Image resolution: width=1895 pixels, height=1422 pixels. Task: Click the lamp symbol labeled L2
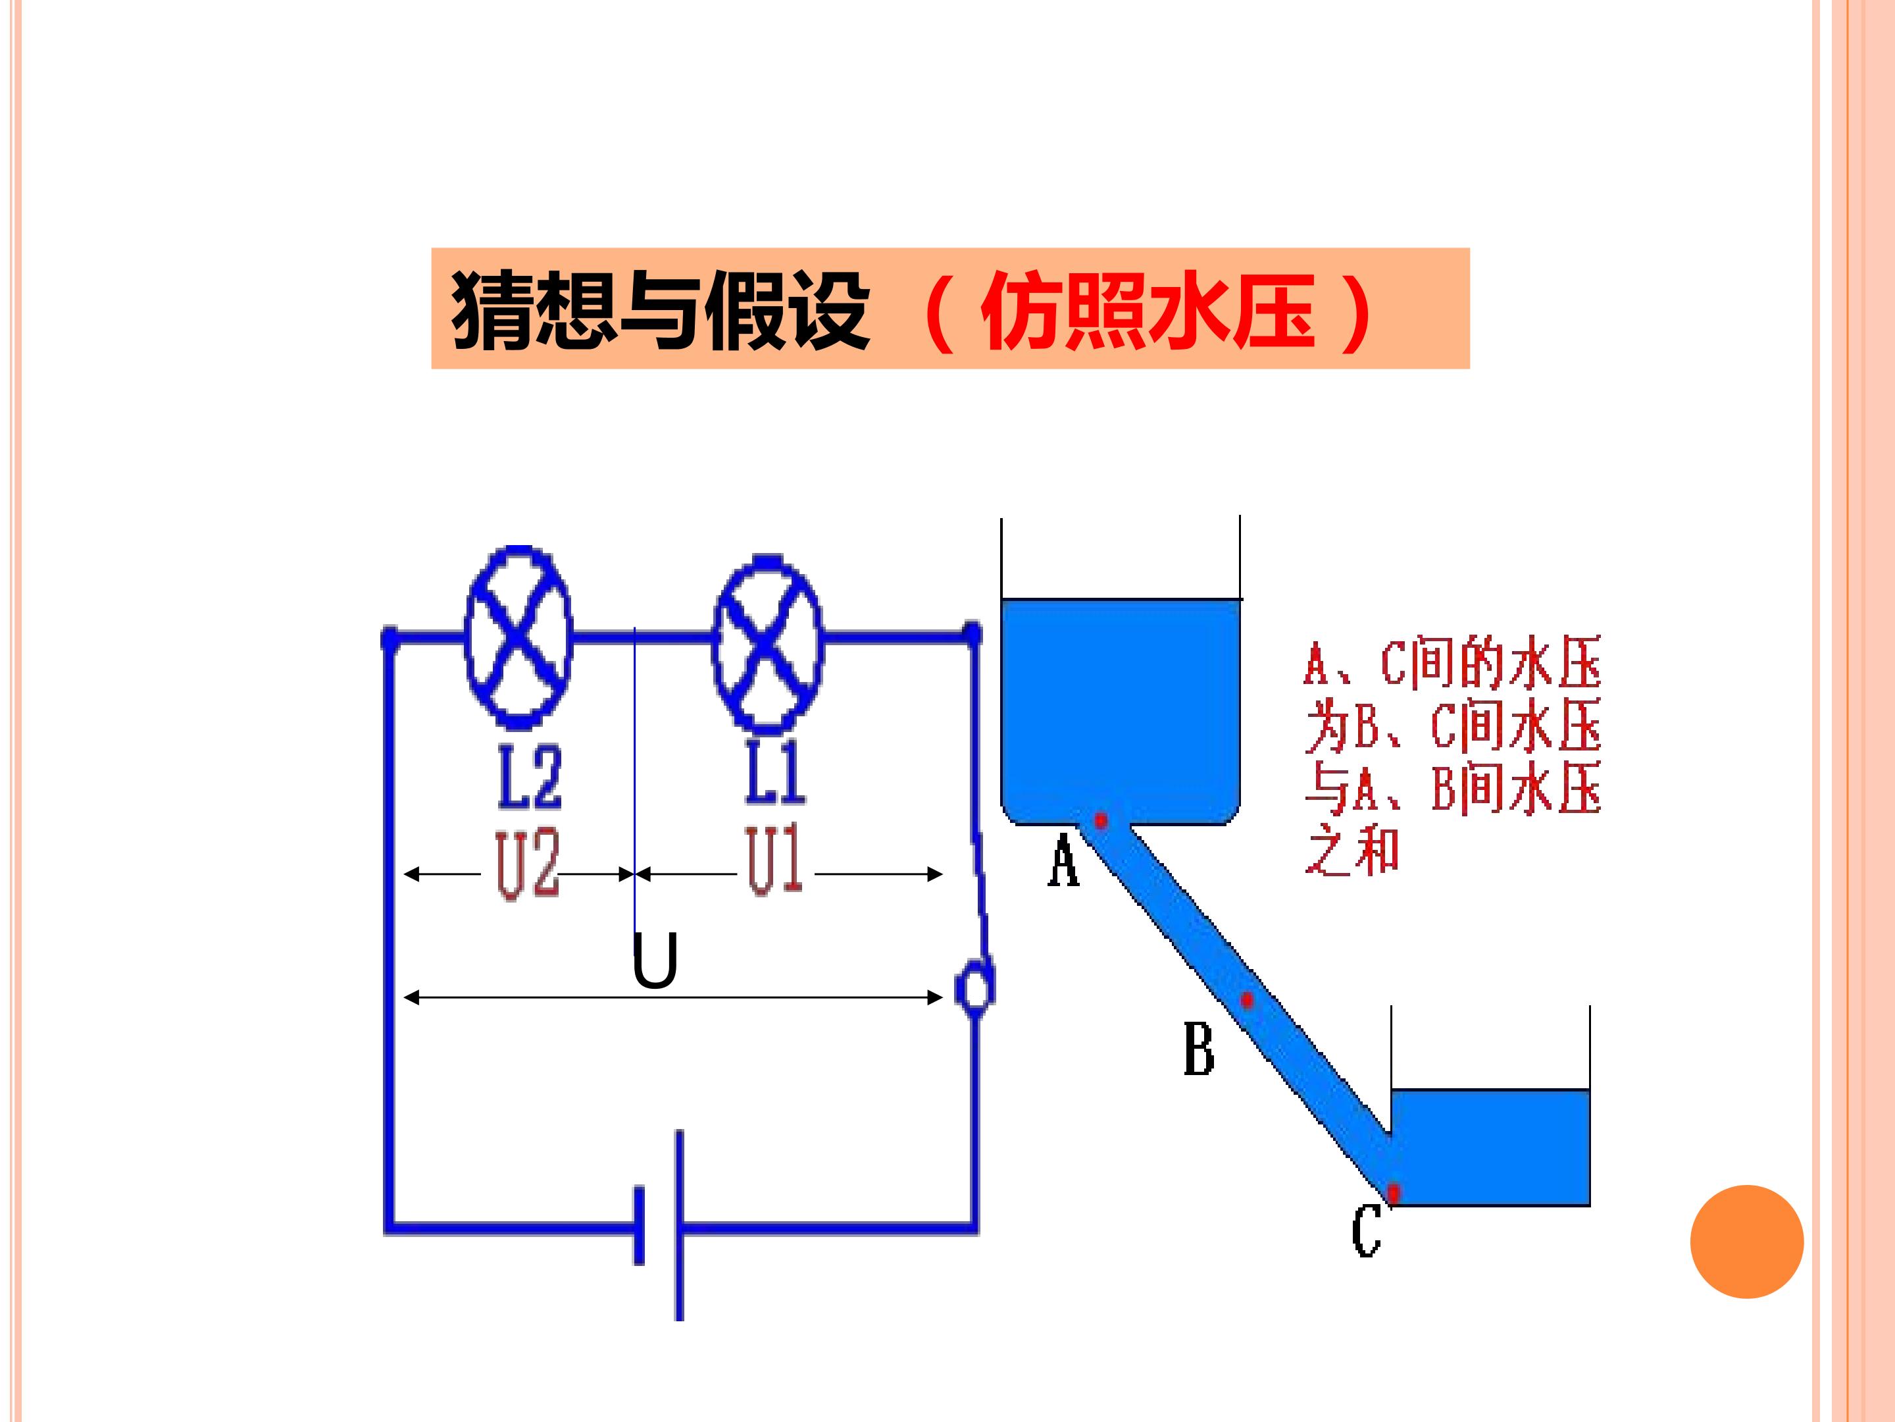coord(518,636)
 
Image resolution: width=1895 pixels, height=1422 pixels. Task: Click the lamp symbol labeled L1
coord(768,643)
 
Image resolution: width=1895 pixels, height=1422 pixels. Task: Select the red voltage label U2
coord(527,864)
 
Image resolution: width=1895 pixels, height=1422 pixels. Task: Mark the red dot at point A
coord(1101,820)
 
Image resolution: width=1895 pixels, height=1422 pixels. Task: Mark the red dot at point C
coord(1394,1192)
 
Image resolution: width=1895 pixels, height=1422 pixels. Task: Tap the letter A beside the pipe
coord(1063,860)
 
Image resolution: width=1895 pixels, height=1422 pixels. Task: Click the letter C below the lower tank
coord(1367,1230)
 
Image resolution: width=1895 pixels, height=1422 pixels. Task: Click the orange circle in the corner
coord(1747,1242)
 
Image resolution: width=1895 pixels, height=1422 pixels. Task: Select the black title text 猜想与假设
coord(661,309)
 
